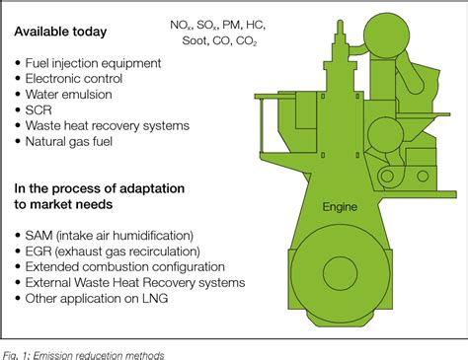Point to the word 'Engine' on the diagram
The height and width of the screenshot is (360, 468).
point(340,208)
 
